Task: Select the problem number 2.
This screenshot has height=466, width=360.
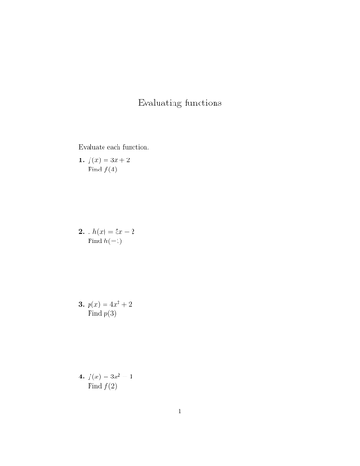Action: pos(82,231)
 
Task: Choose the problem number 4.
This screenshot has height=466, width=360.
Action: pos(82,377)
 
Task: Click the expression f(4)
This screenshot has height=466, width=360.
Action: pos(111,170)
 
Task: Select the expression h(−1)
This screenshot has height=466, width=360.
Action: pos(114,241)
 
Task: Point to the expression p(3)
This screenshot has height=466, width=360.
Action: pos(110,314)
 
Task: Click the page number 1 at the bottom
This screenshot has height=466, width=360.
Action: pos(180,411)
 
